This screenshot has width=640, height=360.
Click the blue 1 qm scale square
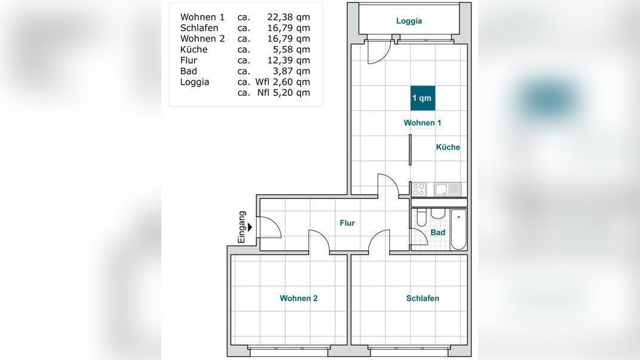pos(422,98)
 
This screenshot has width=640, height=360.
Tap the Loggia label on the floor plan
pos(409,21)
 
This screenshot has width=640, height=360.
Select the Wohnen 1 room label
pos(422,122)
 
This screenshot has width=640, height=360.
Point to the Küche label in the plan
pos(447,147)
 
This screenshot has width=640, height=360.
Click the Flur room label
pos(347,223)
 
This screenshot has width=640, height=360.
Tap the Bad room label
pos(437,232)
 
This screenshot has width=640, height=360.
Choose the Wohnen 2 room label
pos(298,298)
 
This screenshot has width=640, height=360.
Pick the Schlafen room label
pos(422,298)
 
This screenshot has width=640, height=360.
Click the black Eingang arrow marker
pos(250,227)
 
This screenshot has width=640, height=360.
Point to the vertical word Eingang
pos(242,227)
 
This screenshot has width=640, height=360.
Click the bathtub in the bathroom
pos(458,229)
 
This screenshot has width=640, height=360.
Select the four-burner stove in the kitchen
pos(418,190)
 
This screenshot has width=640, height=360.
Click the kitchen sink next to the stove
pos(447,190)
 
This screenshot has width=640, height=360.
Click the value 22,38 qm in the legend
pos(289,17)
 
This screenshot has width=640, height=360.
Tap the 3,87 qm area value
pos(291,71)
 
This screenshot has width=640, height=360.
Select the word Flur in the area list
pos(188,60)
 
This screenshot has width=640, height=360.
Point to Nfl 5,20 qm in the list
pos(283,92)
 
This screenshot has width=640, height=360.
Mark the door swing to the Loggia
pos(379,52)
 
